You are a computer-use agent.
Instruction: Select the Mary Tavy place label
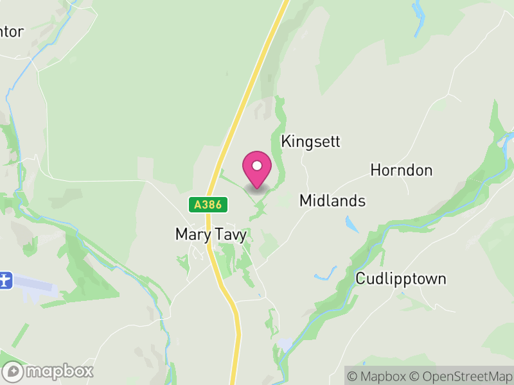(211, 235)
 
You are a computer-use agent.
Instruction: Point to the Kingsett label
(310, 142)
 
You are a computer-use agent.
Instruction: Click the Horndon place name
(401, 170)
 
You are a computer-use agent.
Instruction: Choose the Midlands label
(332, 201)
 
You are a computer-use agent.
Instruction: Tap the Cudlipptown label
(401, 279)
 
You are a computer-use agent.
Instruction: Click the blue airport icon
(5, 280)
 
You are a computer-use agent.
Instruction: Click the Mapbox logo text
(59, 371)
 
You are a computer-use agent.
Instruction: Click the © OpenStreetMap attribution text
(461, 375)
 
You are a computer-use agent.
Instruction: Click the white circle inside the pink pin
(257, 166)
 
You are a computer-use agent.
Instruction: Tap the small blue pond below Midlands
(351, 224)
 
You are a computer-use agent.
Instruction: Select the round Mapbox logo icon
(13, 372)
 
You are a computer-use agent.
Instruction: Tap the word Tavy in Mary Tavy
(231, 235)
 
